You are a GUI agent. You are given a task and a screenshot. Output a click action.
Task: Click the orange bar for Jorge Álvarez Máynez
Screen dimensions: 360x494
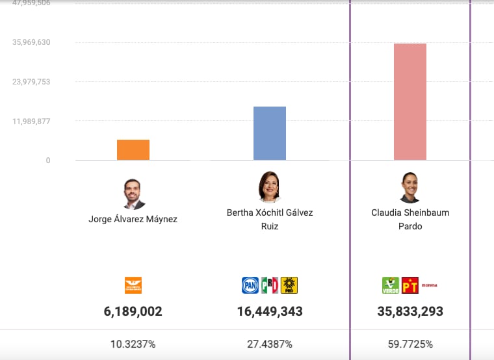point(133,149)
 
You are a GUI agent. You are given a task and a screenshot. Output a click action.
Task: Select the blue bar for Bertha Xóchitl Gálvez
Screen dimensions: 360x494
point(270,133)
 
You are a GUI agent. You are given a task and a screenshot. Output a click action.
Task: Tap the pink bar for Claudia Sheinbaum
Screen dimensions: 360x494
point(410,101)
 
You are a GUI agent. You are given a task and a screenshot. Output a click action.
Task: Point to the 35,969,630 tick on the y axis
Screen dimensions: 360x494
point(31,42)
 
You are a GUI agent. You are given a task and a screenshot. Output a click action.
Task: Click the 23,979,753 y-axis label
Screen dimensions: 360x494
point(31,82)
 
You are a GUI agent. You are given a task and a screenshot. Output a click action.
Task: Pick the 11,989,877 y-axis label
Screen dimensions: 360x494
point(31,122)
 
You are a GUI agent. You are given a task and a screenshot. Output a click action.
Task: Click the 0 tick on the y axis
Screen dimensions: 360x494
point(48,161)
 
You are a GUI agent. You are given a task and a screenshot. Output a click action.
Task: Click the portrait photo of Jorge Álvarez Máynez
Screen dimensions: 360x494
point(133,194)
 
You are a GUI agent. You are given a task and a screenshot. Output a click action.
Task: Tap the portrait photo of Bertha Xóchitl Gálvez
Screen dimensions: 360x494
point(269,187)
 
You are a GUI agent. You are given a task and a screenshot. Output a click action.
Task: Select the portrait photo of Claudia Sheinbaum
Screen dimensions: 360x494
point(410,188)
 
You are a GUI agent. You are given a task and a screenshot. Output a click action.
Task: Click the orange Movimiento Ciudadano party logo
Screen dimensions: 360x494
point(133,285)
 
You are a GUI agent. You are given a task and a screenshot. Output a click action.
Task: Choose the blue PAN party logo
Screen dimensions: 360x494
point(250,285)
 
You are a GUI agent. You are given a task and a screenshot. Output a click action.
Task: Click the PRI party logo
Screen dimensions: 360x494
point(270,285)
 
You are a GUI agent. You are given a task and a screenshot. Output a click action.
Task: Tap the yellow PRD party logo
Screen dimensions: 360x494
point(289,285)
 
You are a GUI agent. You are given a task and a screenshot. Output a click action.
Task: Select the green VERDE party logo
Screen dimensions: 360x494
point(391,285)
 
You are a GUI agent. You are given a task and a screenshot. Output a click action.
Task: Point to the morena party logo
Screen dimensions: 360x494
point(430,285)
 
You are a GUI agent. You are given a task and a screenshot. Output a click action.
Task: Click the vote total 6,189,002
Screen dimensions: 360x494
point(133,312)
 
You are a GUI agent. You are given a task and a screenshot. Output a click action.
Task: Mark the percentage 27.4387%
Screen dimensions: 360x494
point(269,344)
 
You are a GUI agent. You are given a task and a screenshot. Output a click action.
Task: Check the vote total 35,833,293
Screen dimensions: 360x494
point(410,312)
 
